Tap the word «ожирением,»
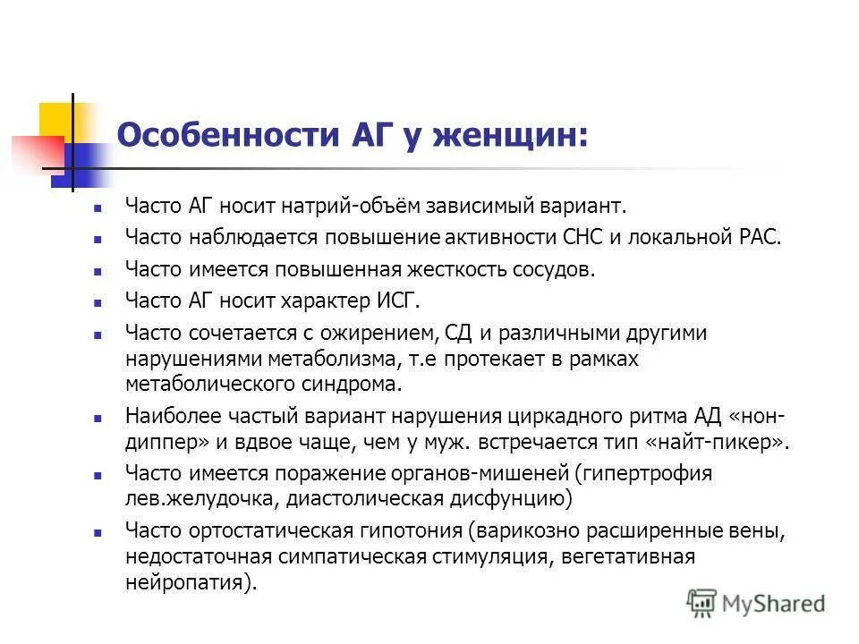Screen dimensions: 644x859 (x=377, y=334)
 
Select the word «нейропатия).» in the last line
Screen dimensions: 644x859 (x=191, y=581)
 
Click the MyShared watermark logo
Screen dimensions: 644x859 (x=756, y=602)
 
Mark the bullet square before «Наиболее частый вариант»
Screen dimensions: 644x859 (x=98, y=418)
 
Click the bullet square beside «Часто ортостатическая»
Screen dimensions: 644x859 (x=98, y=532)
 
